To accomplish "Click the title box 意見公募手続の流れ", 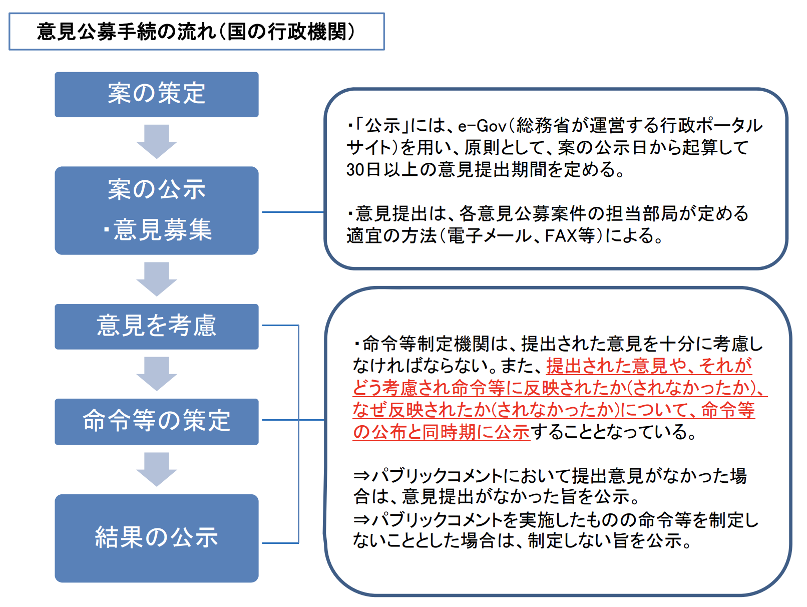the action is (x=197, y=32).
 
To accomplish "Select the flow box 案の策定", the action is (x=157, y=95).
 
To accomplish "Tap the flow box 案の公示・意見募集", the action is (x=157, y=211).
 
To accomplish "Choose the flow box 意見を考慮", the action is (x=157, y=327).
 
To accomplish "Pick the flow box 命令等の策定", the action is (x=157, y=422).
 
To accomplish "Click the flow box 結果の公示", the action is (x=157, y=538).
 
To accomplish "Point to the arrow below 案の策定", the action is (x=157, y=142).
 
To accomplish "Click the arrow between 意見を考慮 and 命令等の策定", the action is (x=157, y=374).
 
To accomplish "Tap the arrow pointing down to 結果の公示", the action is (x=157, y=469).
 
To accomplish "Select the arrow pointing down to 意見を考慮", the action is (x=157, y=279).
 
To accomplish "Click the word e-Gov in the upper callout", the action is (x=482, y=126).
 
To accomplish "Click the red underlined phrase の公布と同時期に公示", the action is (x=441, y=432).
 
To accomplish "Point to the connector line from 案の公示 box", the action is (x=293, y=212).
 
